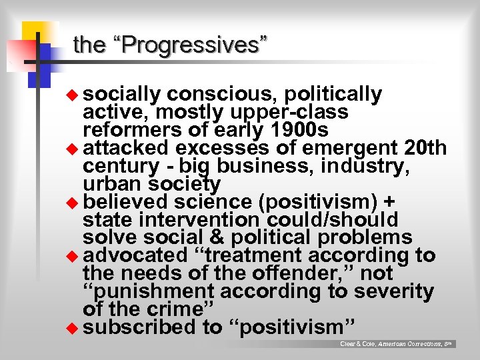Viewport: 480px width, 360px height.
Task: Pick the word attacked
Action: point(127,147)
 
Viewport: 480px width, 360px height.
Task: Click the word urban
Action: point(109,183)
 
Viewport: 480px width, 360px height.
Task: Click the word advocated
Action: point(137,255)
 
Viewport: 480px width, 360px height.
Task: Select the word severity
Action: point(397,291)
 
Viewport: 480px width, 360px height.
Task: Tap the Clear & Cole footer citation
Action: point(396,344)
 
